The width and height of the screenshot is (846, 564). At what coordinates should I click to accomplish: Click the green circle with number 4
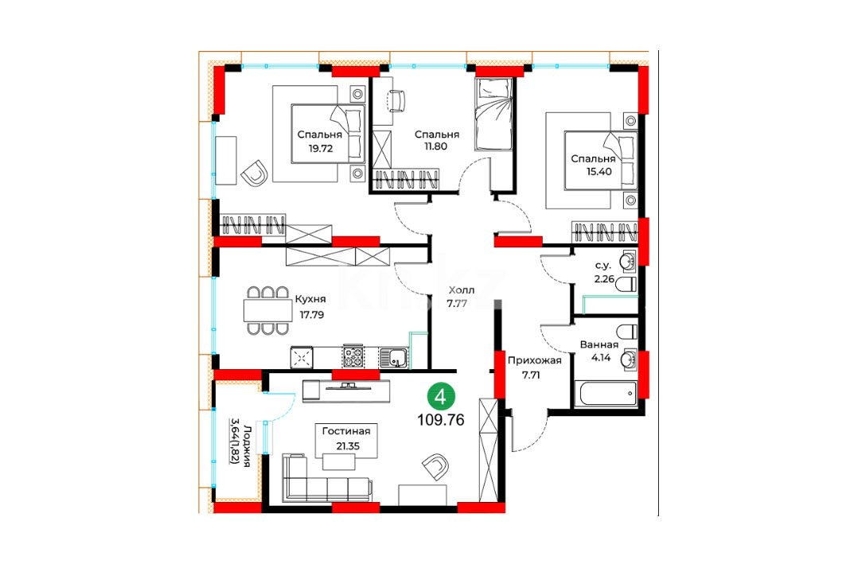click(x=441, y=398)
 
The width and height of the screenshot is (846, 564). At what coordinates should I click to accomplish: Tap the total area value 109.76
click(x=441, y=420)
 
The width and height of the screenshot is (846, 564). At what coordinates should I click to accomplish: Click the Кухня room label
click(x=310, y=299)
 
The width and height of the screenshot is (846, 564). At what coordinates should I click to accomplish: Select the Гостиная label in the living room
click(x=346, y=431)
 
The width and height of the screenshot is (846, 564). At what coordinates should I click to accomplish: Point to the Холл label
click(x=462, y=290)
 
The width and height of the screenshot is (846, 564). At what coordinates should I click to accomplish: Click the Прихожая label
click(x=534, y=360)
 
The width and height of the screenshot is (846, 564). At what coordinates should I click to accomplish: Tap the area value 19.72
click(x=321, y=149)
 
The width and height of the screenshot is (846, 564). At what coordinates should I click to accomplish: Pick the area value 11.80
click(x=435, y=146)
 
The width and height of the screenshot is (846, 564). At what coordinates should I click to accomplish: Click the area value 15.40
click(x=599, y=172)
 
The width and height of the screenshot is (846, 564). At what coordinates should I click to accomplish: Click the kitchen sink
click(x=394, y=357)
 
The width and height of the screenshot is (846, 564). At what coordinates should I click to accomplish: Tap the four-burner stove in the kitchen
click(x=353, y=356)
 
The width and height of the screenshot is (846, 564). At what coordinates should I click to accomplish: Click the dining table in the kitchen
click(x=267, y=310)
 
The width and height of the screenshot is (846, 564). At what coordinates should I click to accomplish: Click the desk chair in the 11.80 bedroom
click(x=396, y=101)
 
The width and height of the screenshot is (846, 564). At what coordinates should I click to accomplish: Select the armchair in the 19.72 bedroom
click(x=255, y=173)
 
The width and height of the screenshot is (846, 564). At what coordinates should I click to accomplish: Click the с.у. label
click(x=602, y=266)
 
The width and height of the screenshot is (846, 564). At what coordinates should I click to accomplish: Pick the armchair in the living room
click(x=436, y=467)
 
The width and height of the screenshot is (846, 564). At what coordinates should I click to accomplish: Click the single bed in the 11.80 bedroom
click(x=493, y=115)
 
